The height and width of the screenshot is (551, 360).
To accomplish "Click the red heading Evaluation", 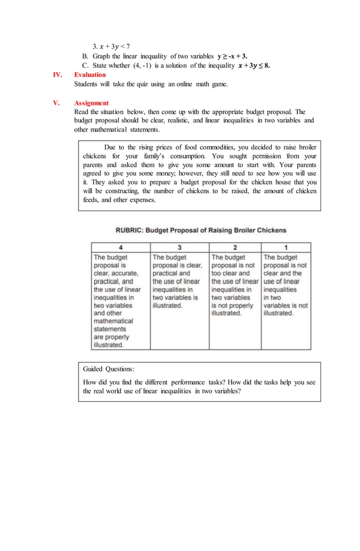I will coord(90,75).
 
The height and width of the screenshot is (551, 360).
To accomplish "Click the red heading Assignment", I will coord(91,103).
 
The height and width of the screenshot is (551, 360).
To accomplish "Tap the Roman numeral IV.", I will coord(58,75).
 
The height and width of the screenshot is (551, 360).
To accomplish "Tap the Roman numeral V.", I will coord(56,103).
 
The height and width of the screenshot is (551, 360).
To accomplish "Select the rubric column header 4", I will coord(121,247).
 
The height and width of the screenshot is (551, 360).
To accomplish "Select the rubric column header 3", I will coord(179,247).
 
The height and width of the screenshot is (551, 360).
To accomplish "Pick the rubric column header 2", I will coord(235,247).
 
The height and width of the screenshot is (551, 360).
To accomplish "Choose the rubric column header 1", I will coord(286,247).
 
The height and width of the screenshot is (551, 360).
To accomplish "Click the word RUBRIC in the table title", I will coord(131,230).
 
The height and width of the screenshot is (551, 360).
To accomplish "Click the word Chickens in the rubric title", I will coord(269,230).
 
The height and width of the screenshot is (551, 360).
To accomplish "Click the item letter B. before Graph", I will coord(85,56).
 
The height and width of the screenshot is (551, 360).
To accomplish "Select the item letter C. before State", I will coord(85,65).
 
